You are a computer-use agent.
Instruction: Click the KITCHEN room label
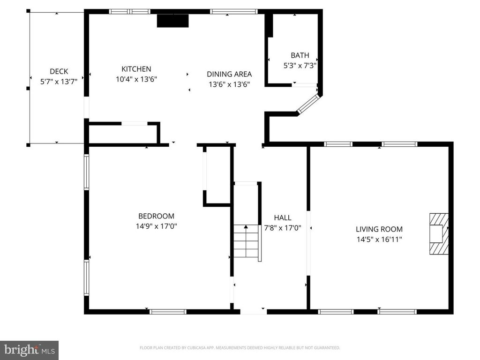click(x=136, y=69)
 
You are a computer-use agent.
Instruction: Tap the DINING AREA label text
click(x=229, y=74)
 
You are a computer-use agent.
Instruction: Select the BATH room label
click(x=300, y=55)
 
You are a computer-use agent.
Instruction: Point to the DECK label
click(x=59, y=71)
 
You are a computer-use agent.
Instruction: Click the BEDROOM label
click(x=157, y=216)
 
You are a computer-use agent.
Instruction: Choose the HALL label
click(x=283, y=217)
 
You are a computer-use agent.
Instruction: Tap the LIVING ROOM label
click(x=379, y=229)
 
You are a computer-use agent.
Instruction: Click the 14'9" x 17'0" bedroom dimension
click(x=157, y=226)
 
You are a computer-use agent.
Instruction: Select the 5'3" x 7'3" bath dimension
click(x=300, y=66)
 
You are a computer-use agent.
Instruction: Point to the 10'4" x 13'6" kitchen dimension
click(x=136, y=79)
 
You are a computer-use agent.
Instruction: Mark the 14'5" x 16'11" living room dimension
click(x=379, y=240)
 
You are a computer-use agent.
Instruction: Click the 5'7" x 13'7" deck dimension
click(x=59, y=82)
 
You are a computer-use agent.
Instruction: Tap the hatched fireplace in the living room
click(x=439, y=234)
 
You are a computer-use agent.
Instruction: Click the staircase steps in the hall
click(x=246, y=241)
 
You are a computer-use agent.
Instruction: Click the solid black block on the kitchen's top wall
click(x=172, y=21)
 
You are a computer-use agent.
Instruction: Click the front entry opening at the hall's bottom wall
click(x=253, y=312)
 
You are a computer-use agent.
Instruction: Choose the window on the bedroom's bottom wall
click(x=168, y=312)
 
